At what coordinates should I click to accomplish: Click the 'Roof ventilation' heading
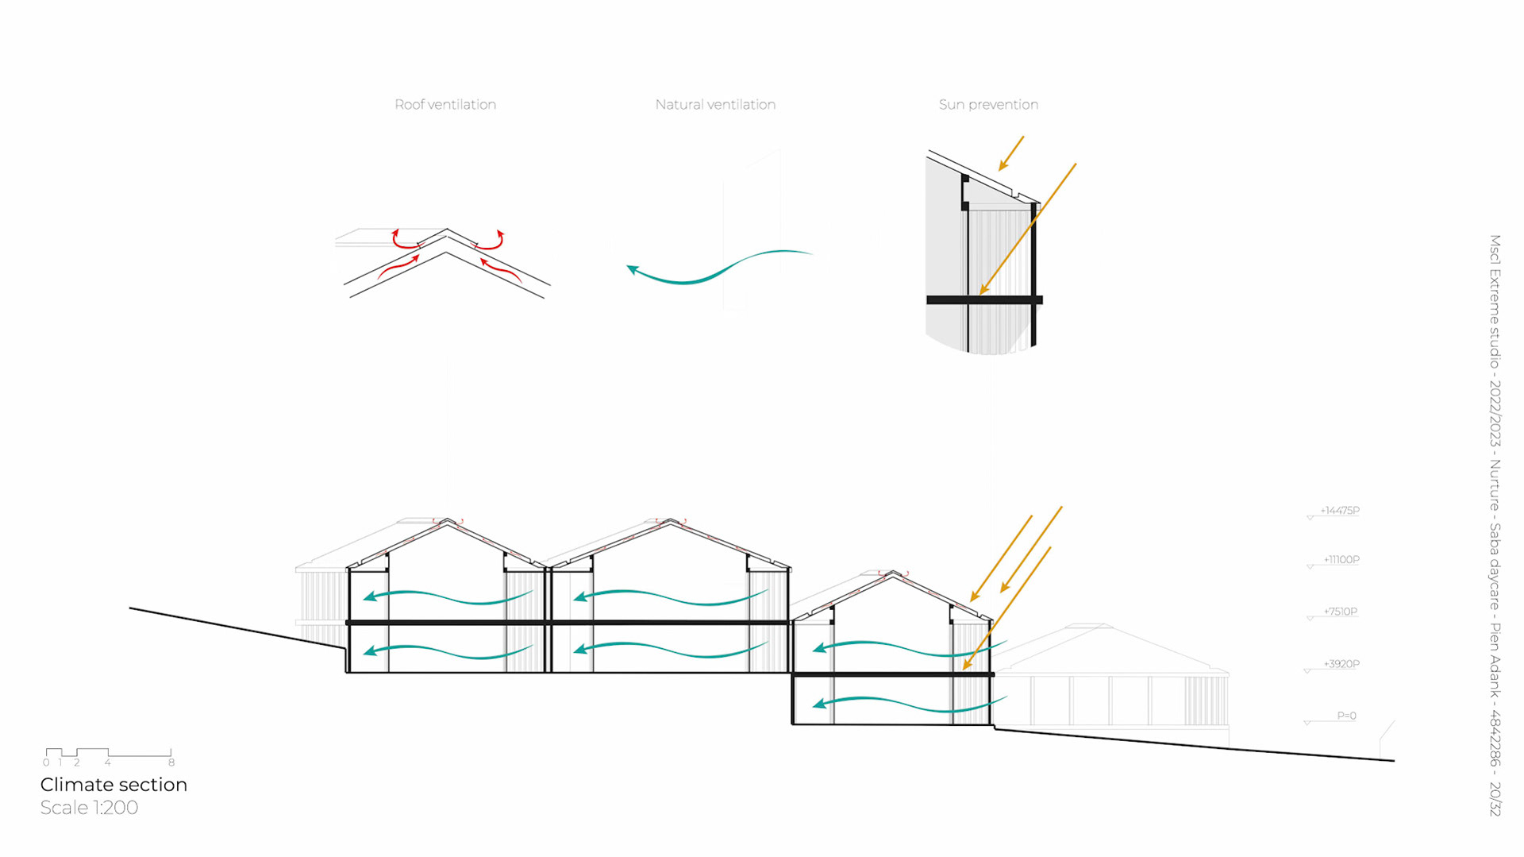(445, 104)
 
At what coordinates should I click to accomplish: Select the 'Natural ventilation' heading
(715, 104)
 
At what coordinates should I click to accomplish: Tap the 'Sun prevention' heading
(988, 104)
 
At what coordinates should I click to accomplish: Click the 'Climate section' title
(114, 785)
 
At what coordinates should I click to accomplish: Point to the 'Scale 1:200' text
(89, 808)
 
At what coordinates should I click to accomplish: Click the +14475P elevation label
(1340, 511)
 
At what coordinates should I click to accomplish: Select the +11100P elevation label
(1341, 560)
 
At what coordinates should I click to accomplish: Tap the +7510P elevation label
(1341, 612)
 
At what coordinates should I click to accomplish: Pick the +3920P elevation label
(1341, 664)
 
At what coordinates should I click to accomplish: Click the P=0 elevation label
(1346, 716)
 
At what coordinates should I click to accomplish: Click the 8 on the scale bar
(171, 762)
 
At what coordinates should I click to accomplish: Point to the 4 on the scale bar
(108, 762)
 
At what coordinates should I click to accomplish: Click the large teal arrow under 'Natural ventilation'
(718, 268)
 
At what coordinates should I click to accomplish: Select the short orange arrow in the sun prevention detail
(1011, 153)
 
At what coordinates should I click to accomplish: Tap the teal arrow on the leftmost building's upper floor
(448, 596)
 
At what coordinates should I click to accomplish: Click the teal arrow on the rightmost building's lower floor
(909, 703)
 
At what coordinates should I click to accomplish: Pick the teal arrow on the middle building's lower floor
(671, 649)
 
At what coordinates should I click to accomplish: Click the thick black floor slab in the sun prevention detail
(984, 300)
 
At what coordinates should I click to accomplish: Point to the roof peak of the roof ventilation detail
(447, 230)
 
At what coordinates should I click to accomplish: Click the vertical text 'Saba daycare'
(1495, 566)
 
